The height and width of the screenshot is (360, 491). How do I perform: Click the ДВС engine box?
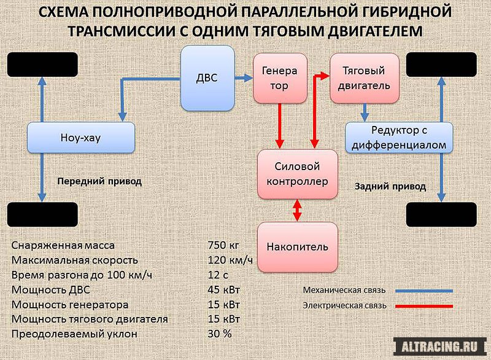pos(207,78)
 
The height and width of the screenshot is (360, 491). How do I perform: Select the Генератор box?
pos(280,78)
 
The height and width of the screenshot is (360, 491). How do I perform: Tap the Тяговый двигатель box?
pos(365,78)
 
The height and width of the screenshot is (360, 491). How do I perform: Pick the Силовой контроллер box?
pos(298,174)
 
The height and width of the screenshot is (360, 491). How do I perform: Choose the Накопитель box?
pos(298,247)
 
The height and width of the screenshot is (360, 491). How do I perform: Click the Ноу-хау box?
pos(81,138)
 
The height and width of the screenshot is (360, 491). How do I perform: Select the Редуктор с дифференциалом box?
pos(399,138)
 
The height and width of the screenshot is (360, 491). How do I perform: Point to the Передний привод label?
pos(99,181)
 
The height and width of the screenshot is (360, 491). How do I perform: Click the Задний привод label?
pos(390,186)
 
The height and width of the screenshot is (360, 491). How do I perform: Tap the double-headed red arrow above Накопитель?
pos(297,211)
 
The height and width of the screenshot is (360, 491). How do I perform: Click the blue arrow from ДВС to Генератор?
pos(244,77)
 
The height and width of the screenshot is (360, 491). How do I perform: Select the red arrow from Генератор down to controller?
pos(280,126)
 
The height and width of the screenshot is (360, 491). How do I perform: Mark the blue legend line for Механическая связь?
pos(424,291)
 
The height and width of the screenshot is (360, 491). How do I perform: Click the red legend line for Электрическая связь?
pos(424,306)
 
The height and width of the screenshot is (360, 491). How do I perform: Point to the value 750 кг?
pos(223,245)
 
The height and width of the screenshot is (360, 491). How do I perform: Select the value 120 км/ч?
pos(230,260)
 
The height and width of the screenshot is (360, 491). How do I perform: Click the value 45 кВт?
pos(223,289)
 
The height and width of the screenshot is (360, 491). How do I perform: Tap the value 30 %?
pos(220,334)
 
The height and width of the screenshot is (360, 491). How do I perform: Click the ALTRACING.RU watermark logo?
pos(439,347)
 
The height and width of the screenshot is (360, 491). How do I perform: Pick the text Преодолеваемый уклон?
pos(74,334)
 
